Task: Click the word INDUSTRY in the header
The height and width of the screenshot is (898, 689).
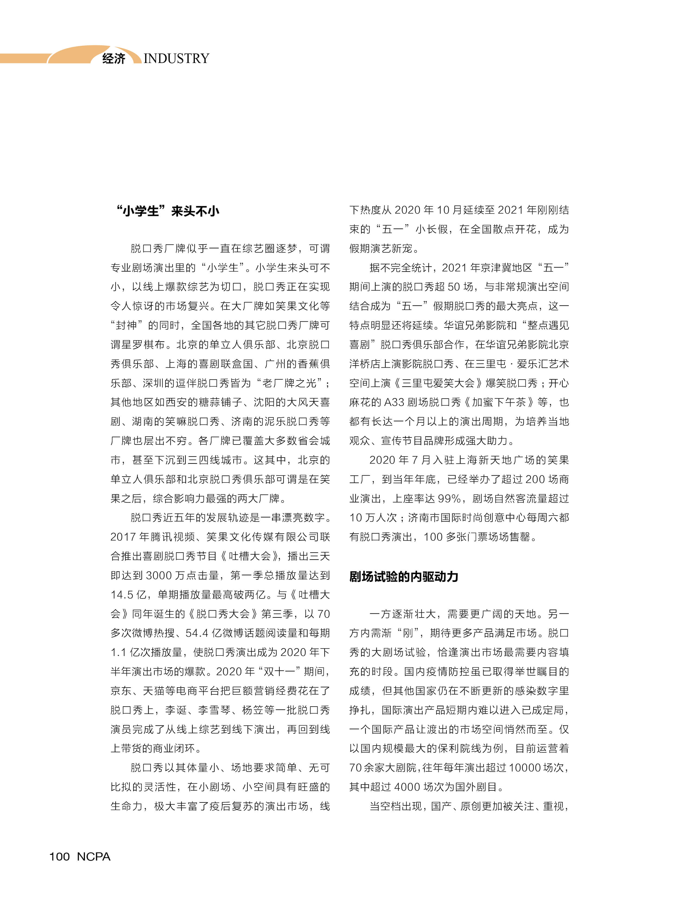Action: click(176, 58)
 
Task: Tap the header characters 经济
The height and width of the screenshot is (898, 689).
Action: click(114, 58)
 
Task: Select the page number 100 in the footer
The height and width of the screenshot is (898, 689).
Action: click(59, 856)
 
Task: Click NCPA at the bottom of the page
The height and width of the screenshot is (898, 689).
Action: click(94, 856)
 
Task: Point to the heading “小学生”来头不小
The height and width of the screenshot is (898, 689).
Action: click(167, 211)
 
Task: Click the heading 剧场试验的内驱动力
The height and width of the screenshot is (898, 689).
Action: click(404, 577)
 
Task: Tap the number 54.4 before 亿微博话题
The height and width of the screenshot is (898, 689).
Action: click(197, 633)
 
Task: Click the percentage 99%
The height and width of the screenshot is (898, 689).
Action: click(449, 499)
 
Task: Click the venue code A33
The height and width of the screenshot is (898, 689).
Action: click(394, 402)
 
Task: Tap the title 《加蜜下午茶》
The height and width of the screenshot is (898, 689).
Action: click(498, 402)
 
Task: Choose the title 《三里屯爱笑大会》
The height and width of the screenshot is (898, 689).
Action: click(438, 383)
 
